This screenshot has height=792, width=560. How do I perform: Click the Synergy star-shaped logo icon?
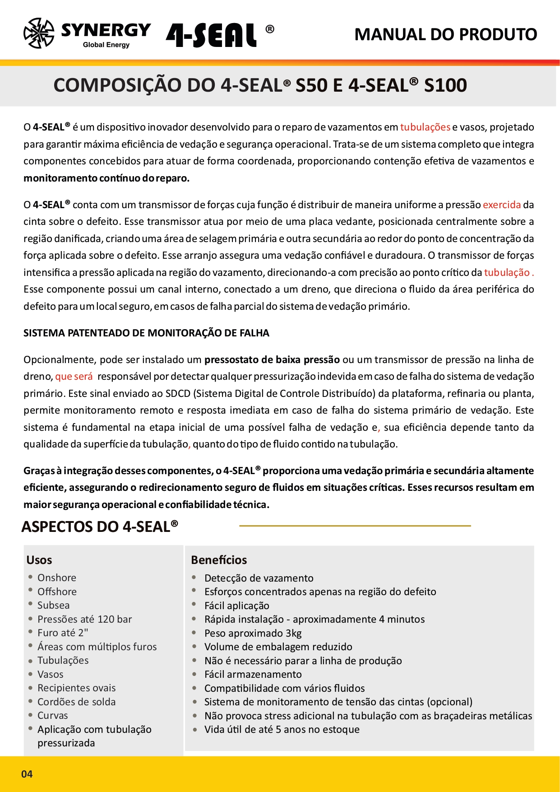pos(39,33)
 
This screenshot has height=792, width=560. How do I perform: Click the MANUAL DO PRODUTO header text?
pos(445,34)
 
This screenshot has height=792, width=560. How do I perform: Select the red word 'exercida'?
pos(502,205)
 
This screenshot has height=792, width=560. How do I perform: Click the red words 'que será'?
pos(74,376)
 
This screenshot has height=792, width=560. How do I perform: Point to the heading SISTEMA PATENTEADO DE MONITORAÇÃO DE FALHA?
pos(146,333)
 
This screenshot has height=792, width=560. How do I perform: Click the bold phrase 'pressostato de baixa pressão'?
pos(272,359)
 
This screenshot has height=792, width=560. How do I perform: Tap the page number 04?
pos(27,774)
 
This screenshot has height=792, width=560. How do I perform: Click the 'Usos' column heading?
pos(39,560)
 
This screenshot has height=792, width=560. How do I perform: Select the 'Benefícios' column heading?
pos(219,560)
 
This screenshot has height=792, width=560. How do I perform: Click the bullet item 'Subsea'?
pos(53,605)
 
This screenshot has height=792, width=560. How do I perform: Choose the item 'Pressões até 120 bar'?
pos(84,619)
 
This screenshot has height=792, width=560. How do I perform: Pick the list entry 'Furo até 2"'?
pos(63,633)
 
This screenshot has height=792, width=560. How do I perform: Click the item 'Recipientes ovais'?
pos(76,688)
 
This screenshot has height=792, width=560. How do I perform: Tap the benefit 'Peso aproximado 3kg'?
pos(253,633)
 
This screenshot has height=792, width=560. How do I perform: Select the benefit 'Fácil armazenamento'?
pos(253,674)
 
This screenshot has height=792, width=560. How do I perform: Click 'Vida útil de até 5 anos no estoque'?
pos(282,729)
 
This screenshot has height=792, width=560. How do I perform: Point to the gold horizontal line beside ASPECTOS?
pos(355,526)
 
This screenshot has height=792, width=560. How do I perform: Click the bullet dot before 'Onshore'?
pos(30,577)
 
